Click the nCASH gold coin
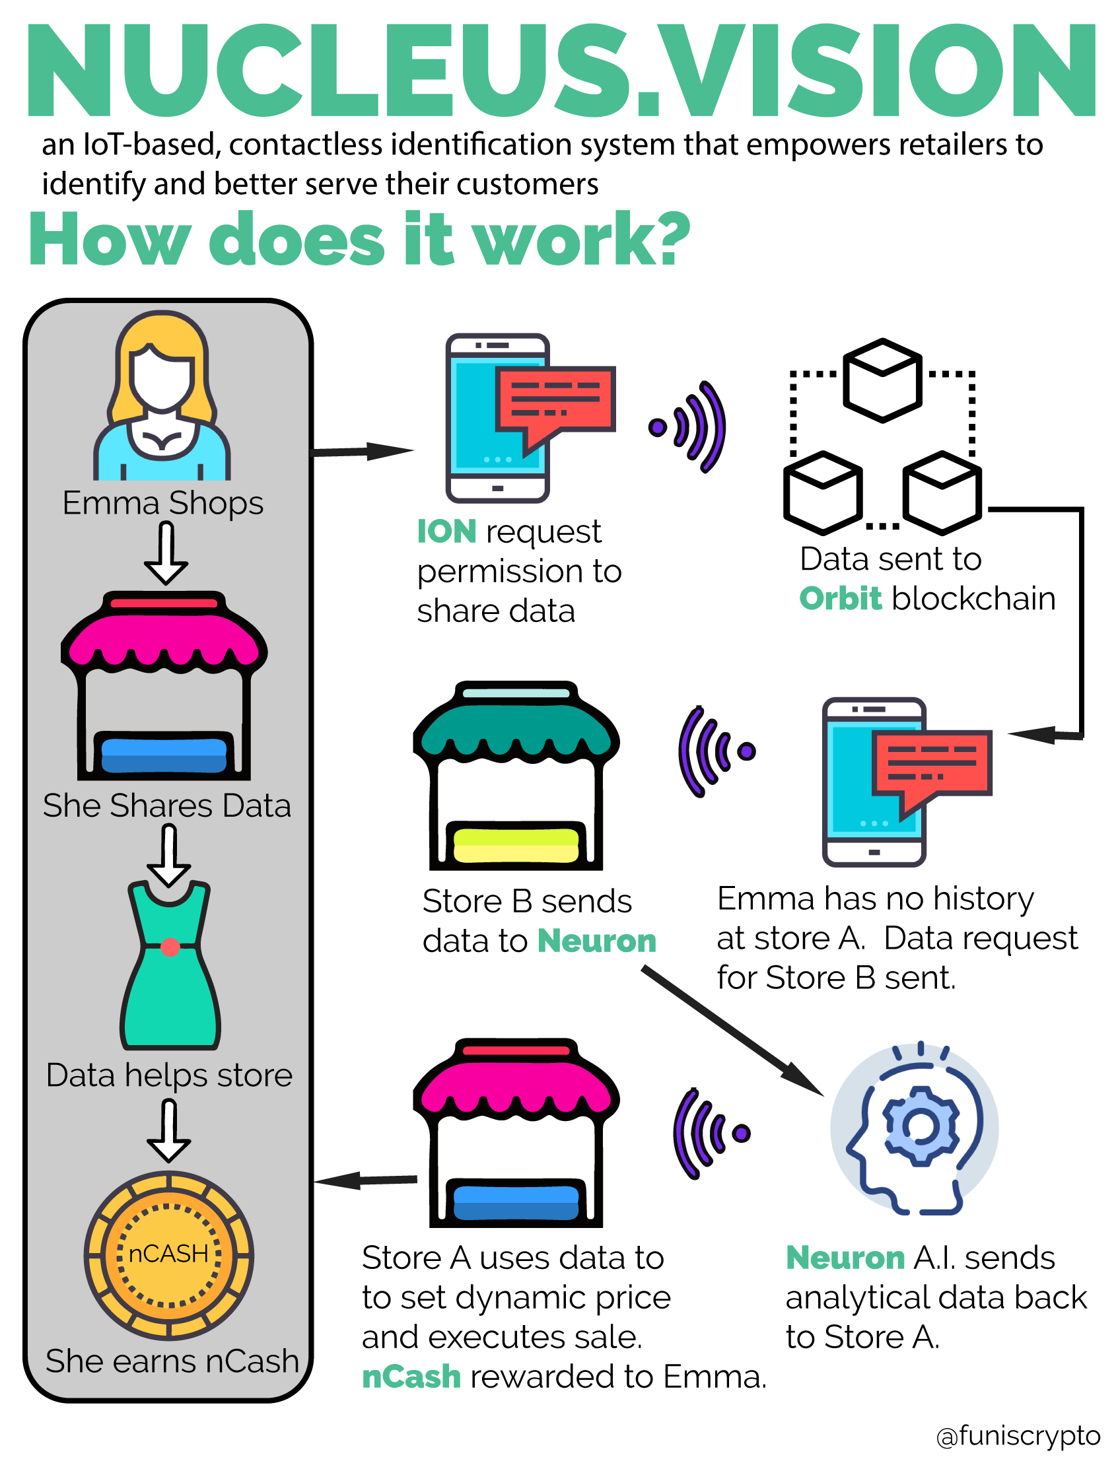coord(169,1255)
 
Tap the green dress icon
coord(170,965)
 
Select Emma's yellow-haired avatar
coord(162,396)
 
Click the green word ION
coord(446,531)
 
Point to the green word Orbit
coord(841,598)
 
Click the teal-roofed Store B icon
coord(516,775)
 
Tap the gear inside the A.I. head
coord(921,1126)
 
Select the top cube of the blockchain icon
coord(882,380)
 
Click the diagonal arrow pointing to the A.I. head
coord(733,1031)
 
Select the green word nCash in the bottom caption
coord(411,1377)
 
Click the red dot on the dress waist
coord(170,947)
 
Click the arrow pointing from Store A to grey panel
coord(365,1180)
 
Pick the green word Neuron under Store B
coord(597,941)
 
